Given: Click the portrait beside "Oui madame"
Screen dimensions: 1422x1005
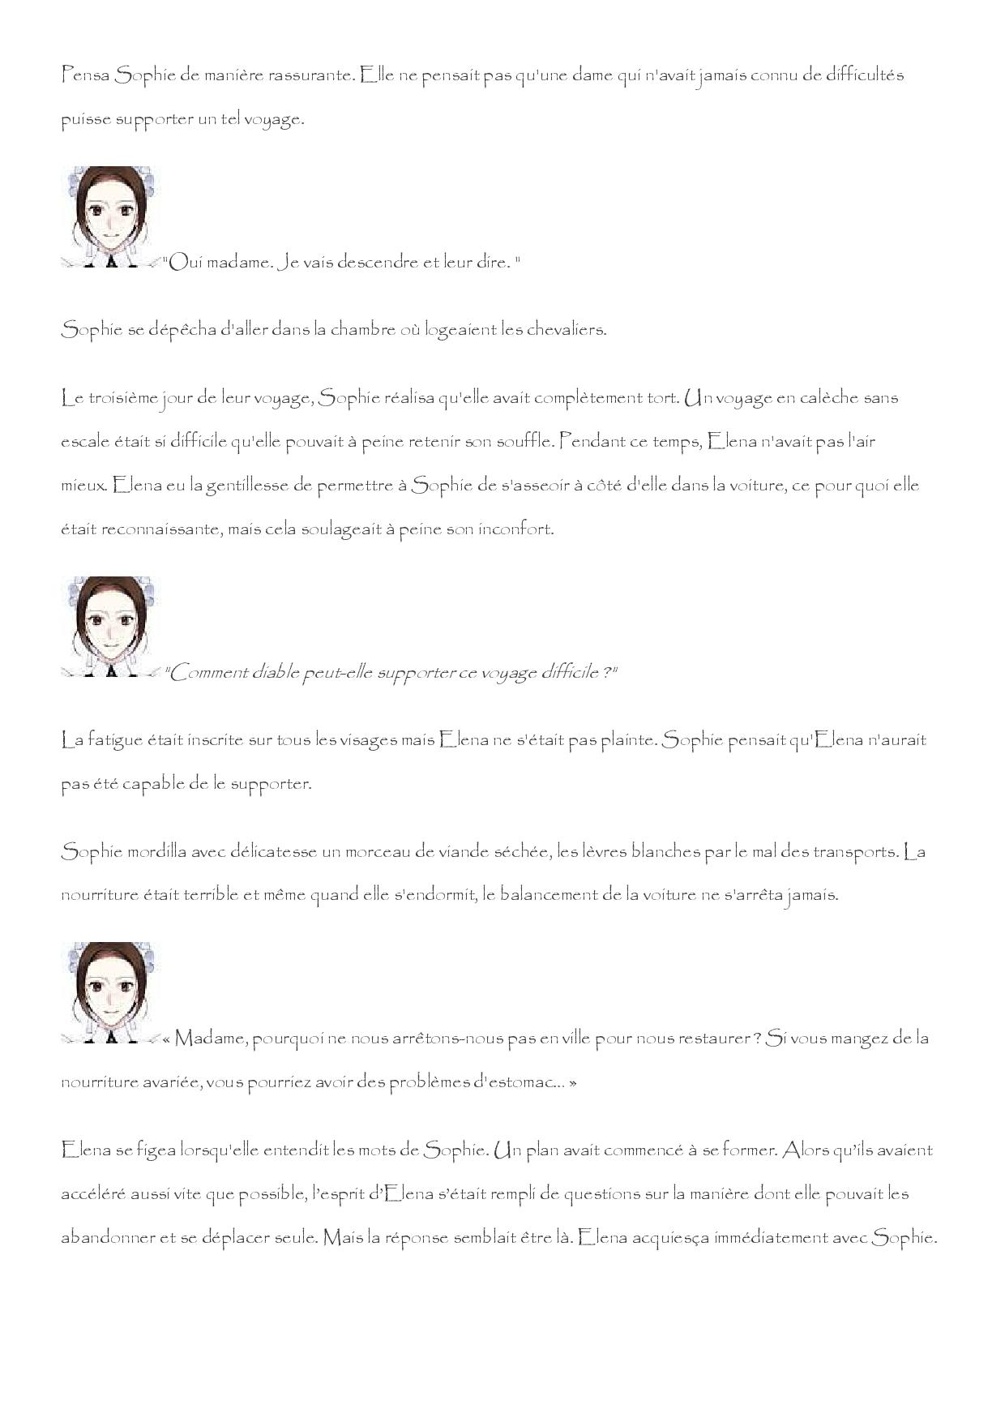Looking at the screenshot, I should pyautogui.click(x=110, y=216).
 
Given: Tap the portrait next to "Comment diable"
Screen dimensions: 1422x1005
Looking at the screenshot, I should pyautogui.click(x=110, y=626).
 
